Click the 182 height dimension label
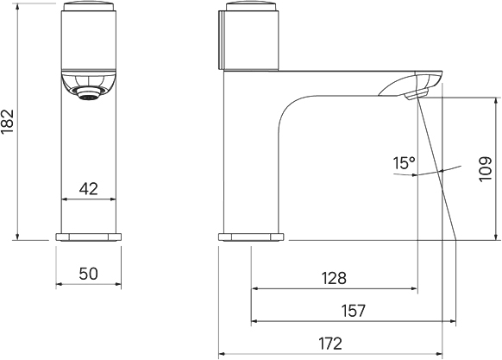click(x=7, y=122)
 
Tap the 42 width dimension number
click(x=88, y=189)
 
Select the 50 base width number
click(x=88, y=274)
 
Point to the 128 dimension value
click(x=334, y=278)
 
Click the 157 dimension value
click(x=353, y=310)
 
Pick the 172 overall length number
click(x=330, y=344)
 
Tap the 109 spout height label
click(x=486, y=169)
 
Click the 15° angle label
click(x=404, y=163)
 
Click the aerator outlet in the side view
click(x=416, y=95)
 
